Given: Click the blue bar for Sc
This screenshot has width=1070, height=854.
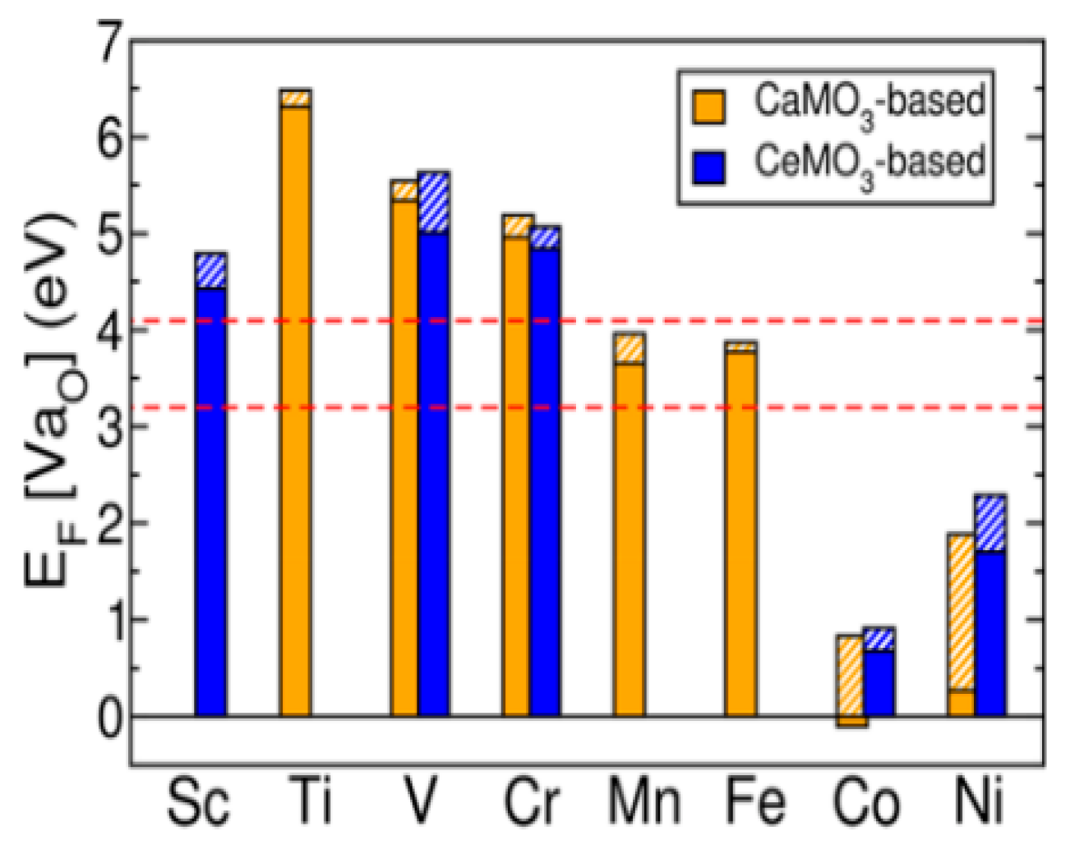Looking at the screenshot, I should tap(210, 501).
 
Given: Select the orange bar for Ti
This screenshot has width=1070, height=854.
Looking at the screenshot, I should tap(295, 411).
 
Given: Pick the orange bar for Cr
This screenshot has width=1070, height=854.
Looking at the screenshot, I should tap(516, 476).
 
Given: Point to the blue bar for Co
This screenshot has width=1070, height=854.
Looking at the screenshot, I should tap(879, 682).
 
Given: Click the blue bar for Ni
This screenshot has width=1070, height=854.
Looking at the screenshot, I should tap(989, 632).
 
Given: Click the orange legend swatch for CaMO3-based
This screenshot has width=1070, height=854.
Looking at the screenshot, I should tap(708, 106).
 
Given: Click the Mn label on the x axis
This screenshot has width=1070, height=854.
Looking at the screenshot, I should tap(644, 802).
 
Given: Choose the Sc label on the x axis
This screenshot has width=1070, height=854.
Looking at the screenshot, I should tap(198, 802).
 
